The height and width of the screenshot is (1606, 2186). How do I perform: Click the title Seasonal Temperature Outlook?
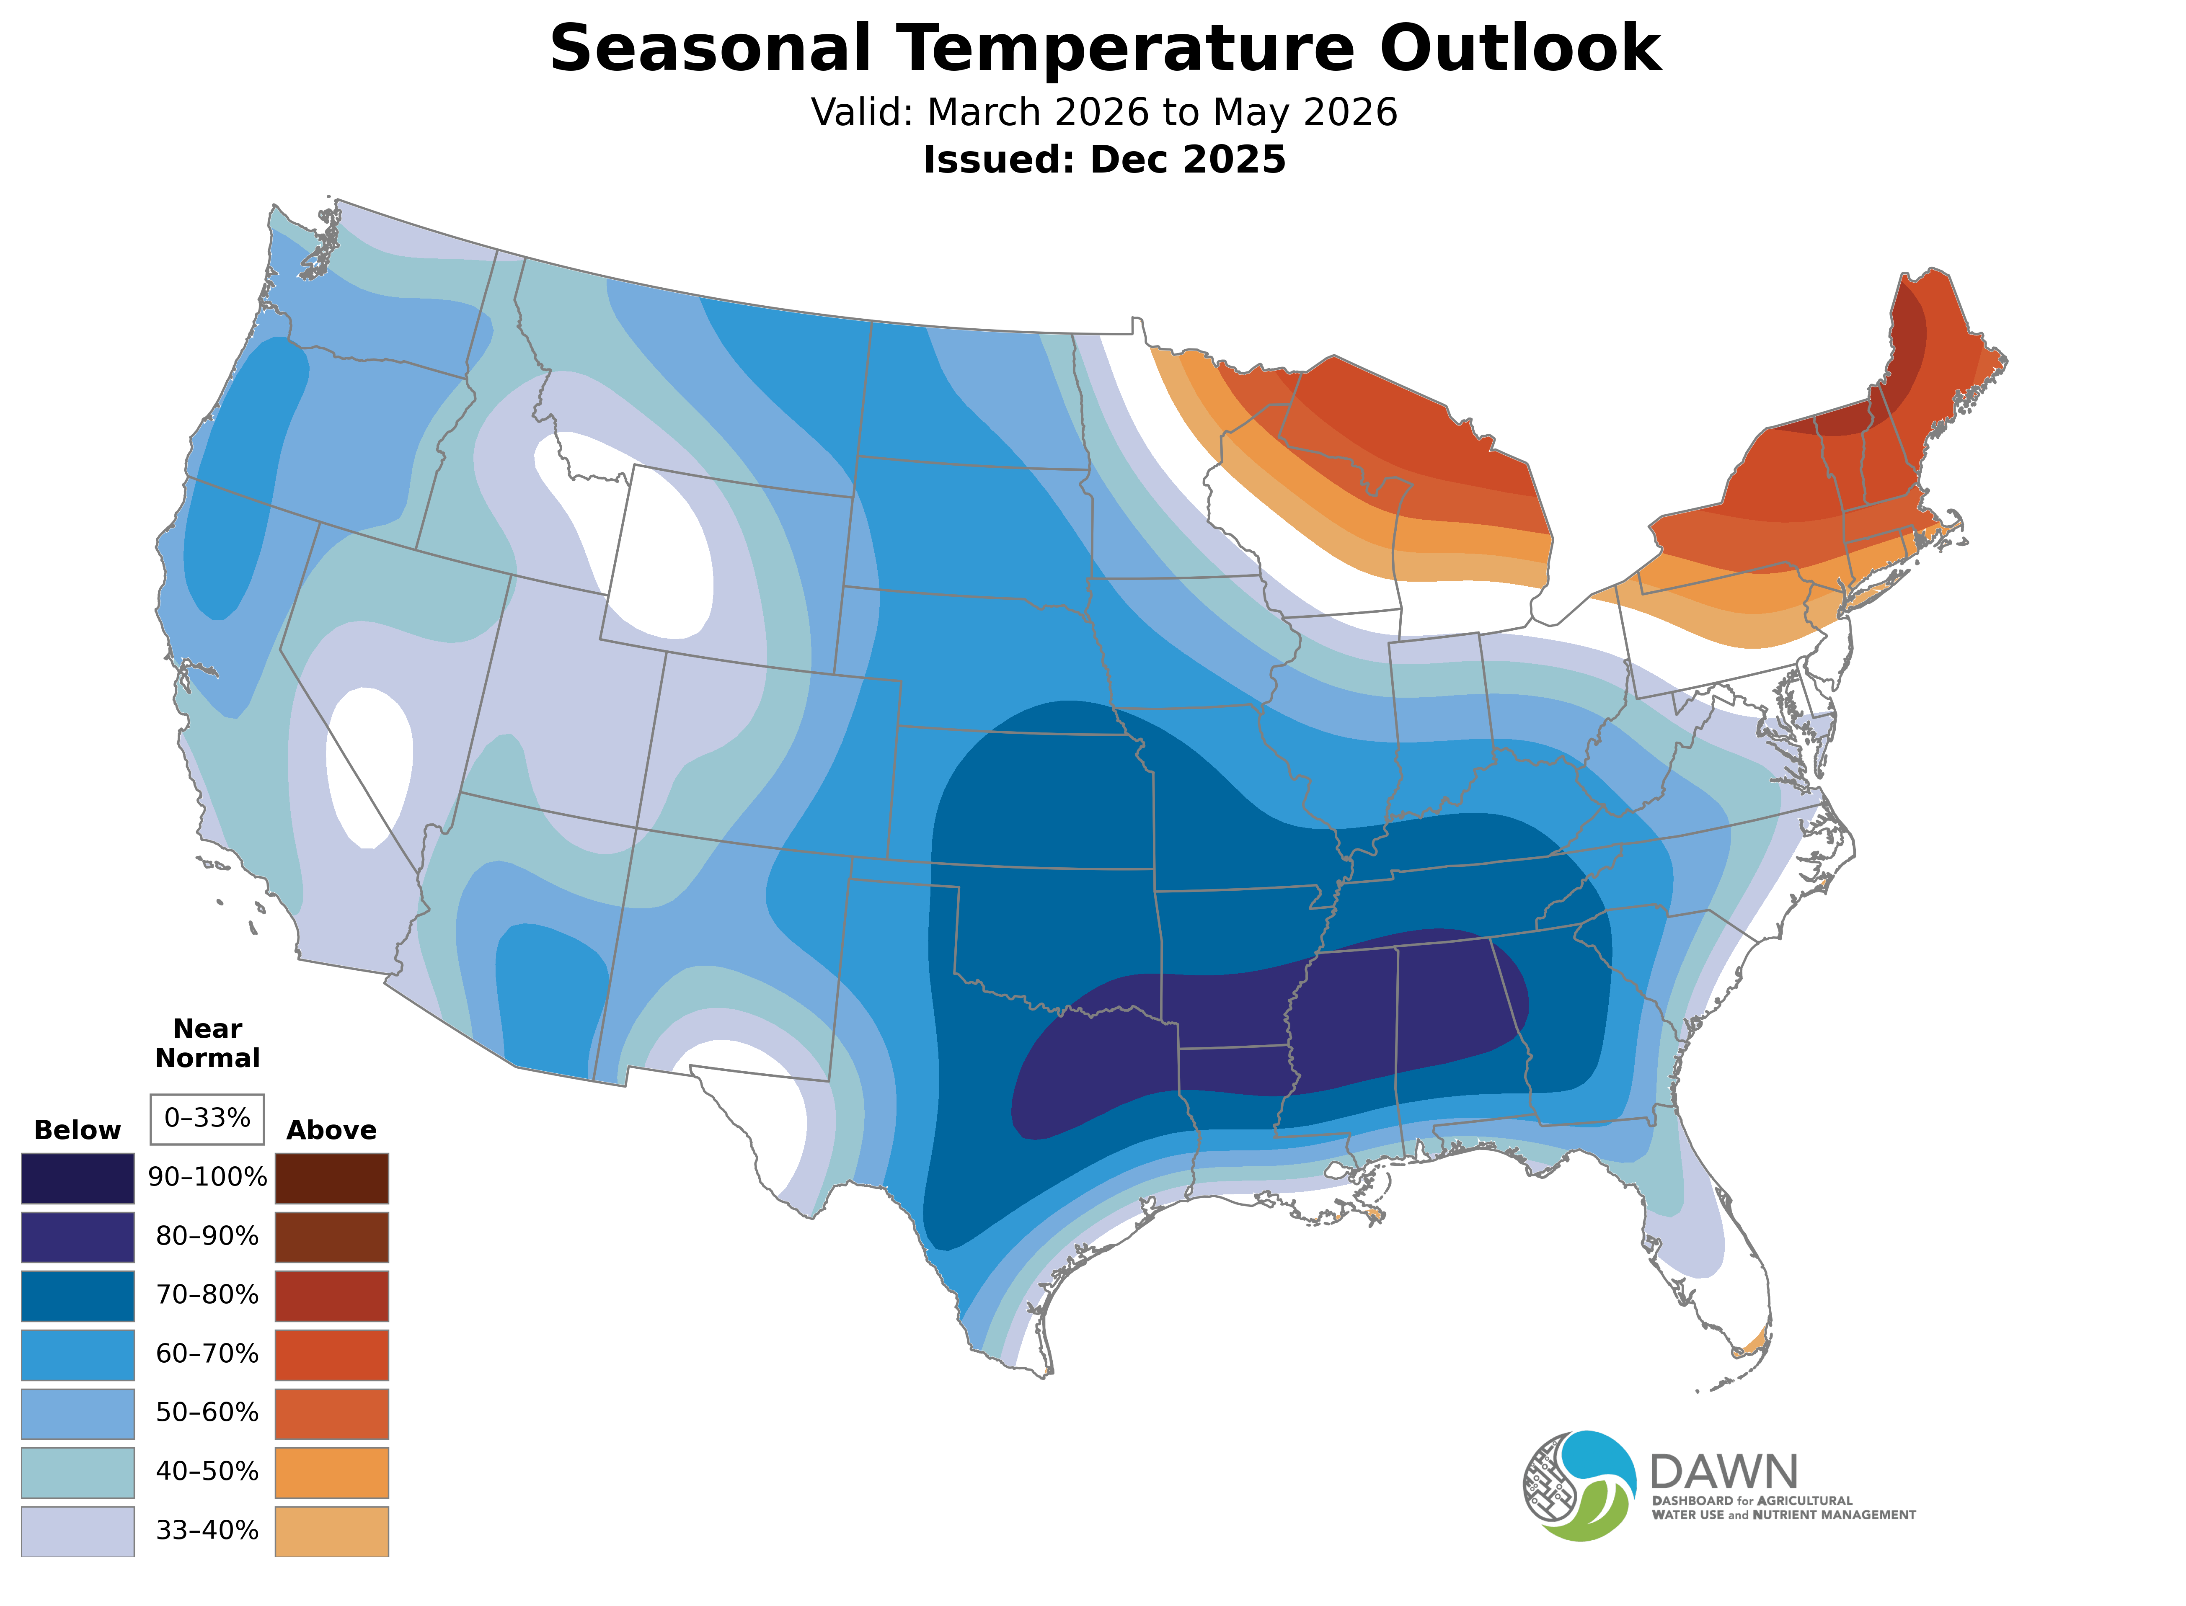click(x=1105, y=49)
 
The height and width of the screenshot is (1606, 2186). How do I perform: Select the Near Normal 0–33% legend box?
click(x=207, y=1118)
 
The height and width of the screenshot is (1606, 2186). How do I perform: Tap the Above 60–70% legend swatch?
click(x=332, y=1354)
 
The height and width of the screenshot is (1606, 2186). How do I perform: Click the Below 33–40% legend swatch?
click(x=78, y=1530)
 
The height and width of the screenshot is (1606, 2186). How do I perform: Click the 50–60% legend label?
click(x=207, y=1413)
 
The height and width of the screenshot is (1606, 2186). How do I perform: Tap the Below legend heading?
click(x=78, y=1130)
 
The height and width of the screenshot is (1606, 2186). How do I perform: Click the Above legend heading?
click(x=332, y=1130)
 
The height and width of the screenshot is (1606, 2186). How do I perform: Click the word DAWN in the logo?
click(x=1723, y=1473)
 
